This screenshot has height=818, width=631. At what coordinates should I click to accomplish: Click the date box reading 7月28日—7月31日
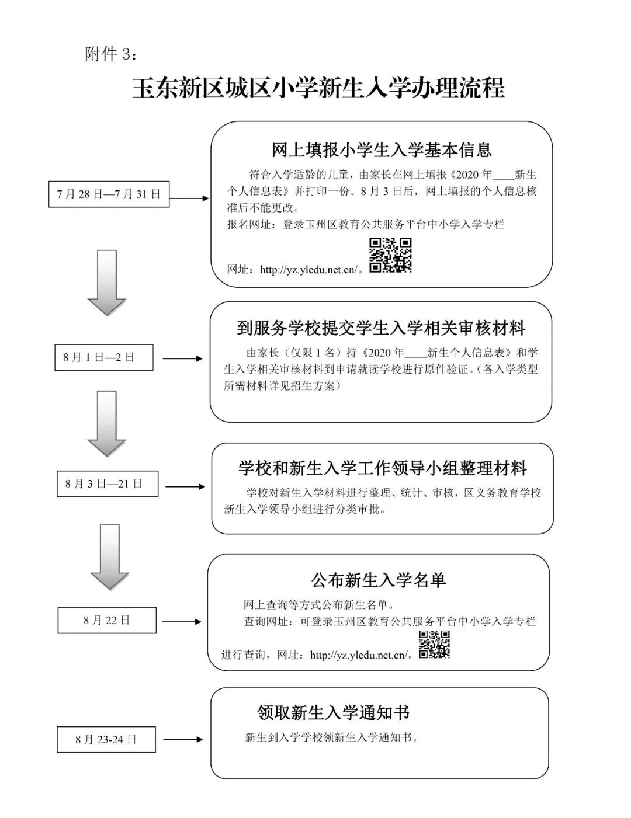(109, 194)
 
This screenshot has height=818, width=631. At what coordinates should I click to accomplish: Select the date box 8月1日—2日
(104, 357)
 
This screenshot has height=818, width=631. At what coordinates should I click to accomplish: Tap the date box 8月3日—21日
(108, 483)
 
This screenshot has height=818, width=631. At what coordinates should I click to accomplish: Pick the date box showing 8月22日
(107, 620)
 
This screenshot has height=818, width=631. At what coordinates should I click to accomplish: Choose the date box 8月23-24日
(106, 739)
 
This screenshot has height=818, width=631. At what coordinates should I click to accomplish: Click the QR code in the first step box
(390, 255)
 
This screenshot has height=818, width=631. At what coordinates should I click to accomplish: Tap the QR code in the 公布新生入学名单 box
(434, 645)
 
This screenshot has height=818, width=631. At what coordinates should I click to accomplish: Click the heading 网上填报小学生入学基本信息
(382, 150)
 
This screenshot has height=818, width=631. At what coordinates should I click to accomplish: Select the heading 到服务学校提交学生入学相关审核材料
(382, 328)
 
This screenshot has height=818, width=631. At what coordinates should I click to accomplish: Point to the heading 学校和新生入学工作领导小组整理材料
(382, 468)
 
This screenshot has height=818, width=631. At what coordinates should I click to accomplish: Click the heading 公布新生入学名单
(379, 580)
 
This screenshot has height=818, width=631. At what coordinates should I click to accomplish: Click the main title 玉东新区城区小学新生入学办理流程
(318, 88)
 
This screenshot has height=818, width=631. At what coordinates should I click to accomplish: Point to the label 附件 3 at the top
(111, 54)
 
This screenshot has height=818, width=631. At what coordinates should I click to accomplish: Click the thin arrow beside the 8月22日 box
(182, 621)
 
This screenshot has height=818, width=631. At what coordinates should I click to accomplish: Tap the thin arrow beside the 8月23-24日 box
(183, 739)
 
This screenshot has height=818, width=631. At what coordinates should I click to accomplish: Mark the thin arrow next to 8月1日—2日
(183, 358)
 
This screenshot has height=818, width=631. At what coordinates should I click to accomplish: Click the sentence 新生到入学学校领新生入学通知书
(331, 737)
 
